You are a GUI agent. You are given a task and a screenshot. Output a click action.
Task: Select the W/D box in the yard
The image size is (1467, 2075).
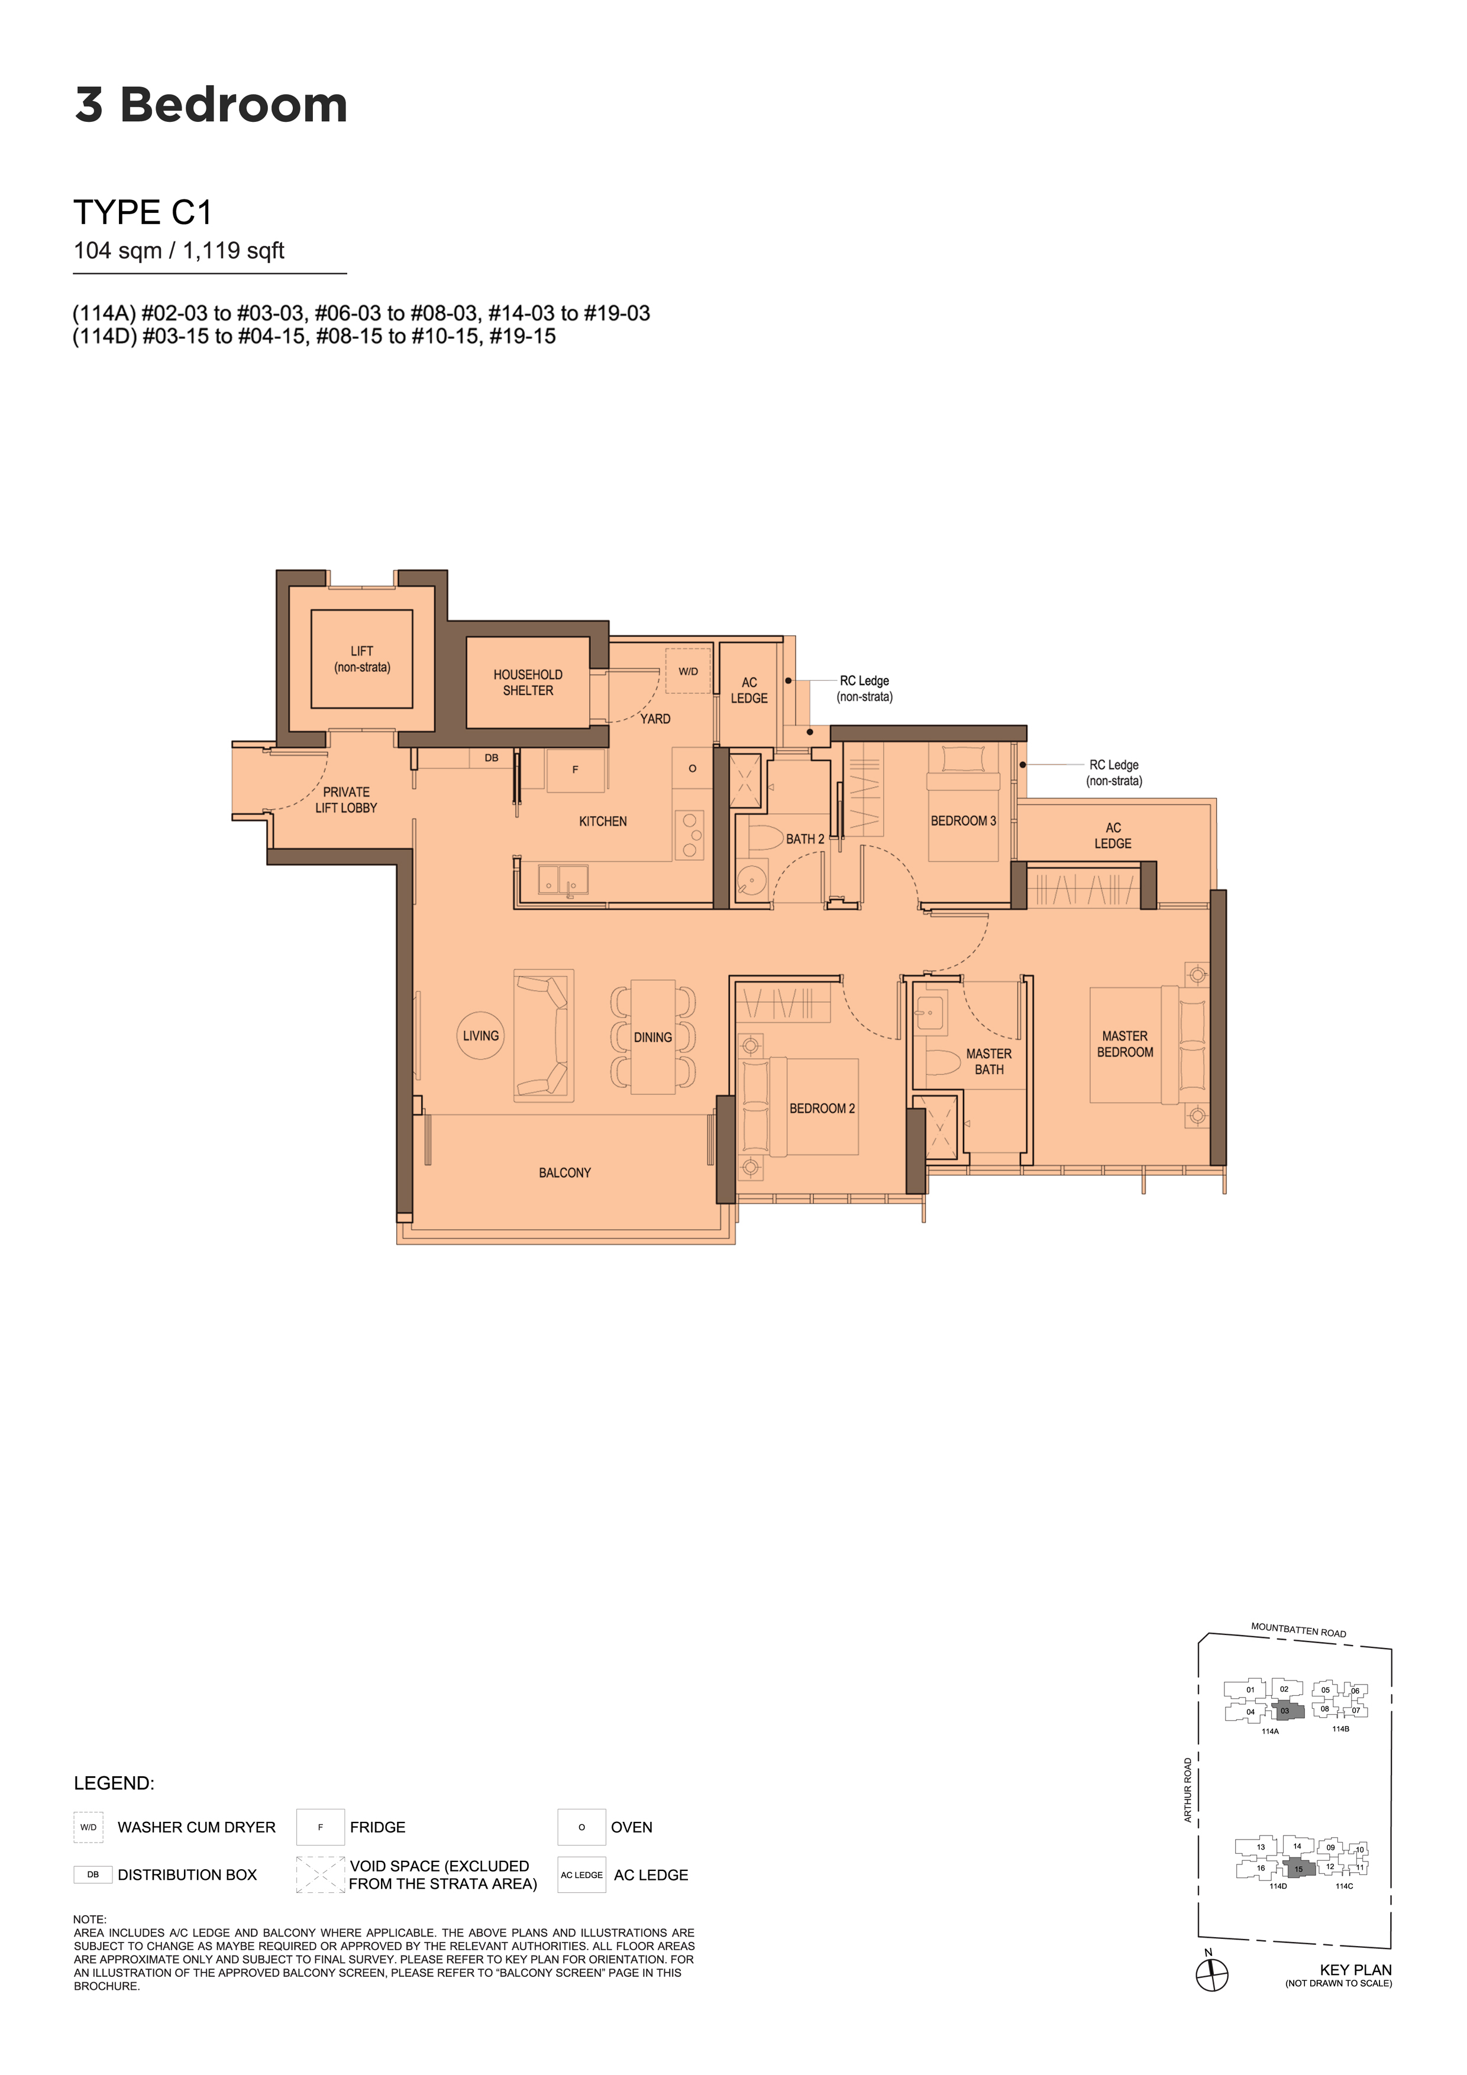point(688,671)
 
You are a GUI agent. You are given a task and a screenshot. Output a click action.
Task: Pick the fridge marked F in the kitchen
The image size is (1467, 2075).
point(575,770)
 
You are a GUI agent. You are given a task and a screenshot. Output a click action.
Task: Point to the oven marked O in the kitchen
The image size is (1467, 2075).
point(692,768)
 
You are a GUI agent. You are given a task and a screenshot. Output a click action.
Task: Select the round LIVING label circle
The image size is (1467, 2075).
point(481,1036)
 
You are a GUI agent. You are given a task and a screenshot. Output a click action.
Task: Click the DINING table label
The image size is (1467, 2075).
point(652,1037)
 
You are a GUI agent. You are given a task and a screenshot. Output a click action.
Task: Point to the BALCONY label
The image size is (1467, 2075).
point(565,1173)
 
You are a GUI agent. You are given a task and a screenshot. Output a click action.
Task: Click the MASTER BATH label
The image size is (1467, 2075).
point(989,1062)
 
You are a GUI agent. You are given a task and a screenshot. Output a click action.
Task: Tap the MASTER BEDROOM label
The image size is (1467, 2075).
point(1125,1044)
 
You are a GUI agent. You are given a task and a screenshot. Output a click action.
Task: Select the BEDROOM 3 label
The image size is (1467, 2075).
point(964,820)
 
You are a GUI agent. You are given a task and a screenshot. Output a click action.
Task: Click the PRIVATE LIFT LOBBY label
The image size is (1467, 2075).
point(346,800)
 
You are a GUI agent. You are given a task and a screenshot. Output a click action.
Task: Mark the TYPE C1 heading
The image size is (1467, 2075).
point(143,212)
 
